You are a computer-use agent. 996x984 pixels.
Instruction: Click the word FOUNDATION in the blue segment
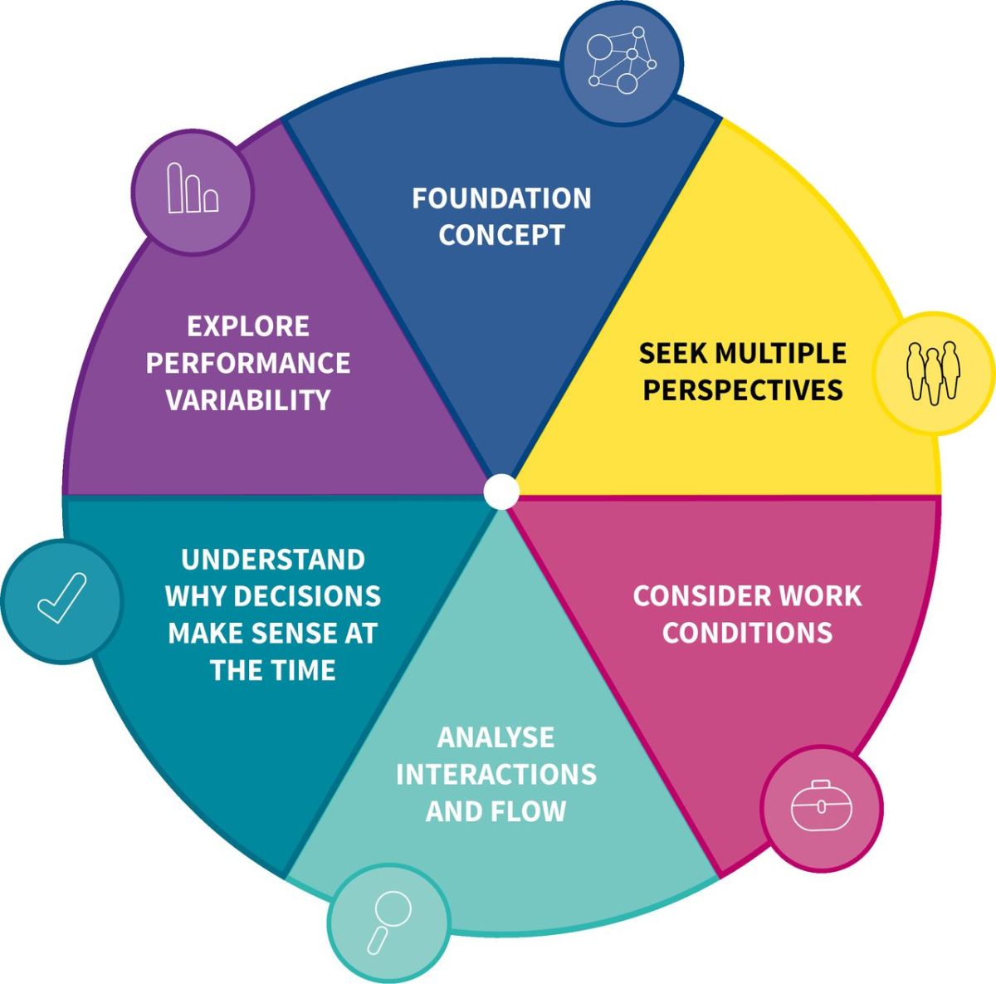tap(501, 198)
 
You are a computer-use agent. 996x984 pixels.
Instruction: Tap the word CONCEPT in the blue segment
tap(501, 235)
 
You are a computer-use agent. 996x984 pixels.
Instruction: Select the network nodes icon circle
tap(622, 63)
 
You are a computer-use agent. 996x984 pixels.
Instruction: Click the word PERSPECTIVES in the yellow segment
tap(743, 389)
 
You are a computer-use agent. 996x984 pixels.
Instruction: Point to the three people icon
tap(934, 373)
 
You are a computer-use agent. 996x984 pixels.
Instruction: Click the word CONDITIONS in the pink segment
tap(747, 633)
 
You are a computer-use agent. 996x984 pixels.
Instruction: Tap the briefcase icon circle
tap(822, 808)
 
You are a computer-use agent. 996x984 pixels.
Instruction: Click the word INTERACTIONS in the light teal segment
tap(496, 774)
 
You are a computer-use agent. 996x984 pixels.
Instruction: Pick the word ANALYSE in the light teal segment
tap(496, 737)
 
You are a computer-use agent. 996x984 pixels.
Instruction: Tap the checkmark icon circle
tap(62, 600)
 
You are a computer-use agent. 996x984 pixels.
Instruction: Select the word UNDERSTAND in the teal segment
tap(273, 560)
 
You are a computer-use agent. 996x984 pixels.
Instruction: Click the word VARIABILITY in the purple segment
tap(248, 400)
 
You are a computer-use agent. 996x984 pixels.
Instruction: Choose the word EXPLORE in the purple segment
tap(248, 326)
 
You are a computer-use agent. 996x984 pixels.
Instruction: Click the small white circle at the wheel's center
tap(500, 492)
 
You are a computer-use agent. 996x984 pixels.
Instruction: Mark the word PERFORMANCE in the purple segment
tap(248, 363)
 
